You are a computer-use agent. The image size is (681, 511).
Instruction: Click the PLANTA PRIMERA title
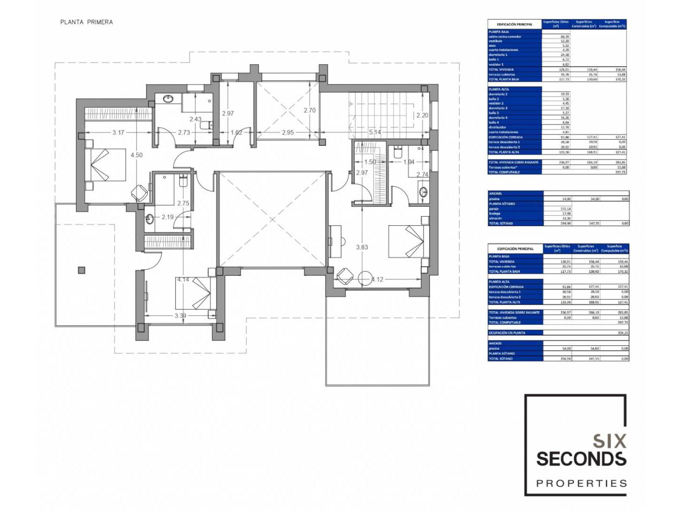click(87, 22)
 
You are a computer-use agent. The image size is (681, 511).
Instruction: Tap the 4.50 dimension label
click(136, 155)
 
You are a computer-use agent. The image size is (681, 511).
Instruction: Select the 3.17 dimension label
click(118, 132)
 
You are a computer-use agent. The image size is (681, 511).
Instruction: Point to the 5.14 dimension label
click(375, 132)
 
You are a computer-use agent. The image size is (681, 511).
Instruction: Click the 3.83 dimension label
click(362, 247)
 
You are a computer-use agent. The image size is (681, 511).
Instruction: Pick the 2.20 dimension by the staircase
click(422, 115)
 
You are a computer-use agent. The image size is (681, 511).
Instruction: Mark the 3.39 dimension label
click(180, 316)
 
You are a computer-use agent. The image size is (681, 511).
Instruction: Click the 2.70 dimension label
click(309, 110)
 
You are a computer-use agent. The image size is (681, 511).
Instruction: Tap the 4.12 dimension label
click(377, 279)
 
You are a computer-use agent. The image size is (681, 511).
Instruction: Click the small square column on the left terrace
click(82, 270)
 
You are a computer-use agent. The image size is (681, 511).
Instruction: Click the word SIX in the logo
click(610, 441)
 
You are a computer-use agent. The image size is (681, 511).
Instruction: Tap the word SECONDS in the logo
click(581, 459)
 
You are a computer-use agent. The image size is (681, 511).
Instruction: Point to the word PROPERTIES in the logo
click(581, 484)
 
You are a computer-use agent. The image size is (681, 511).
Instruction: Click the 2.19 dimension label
click(167, 217)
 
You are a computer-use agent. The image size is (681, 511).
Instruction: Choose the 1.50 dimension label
click(370, 162)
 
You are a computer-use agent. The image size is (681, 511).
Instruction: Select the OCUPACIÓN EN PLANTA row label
click(507, 333)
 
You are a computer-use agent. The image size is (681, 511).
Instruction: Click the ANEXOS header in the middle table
click(495, 194)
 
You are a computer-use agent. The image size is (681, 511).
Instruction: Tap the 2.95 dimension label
click(288, 132)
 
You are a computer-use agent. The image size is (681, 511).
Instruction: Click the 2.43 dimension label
click(195, 119)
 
